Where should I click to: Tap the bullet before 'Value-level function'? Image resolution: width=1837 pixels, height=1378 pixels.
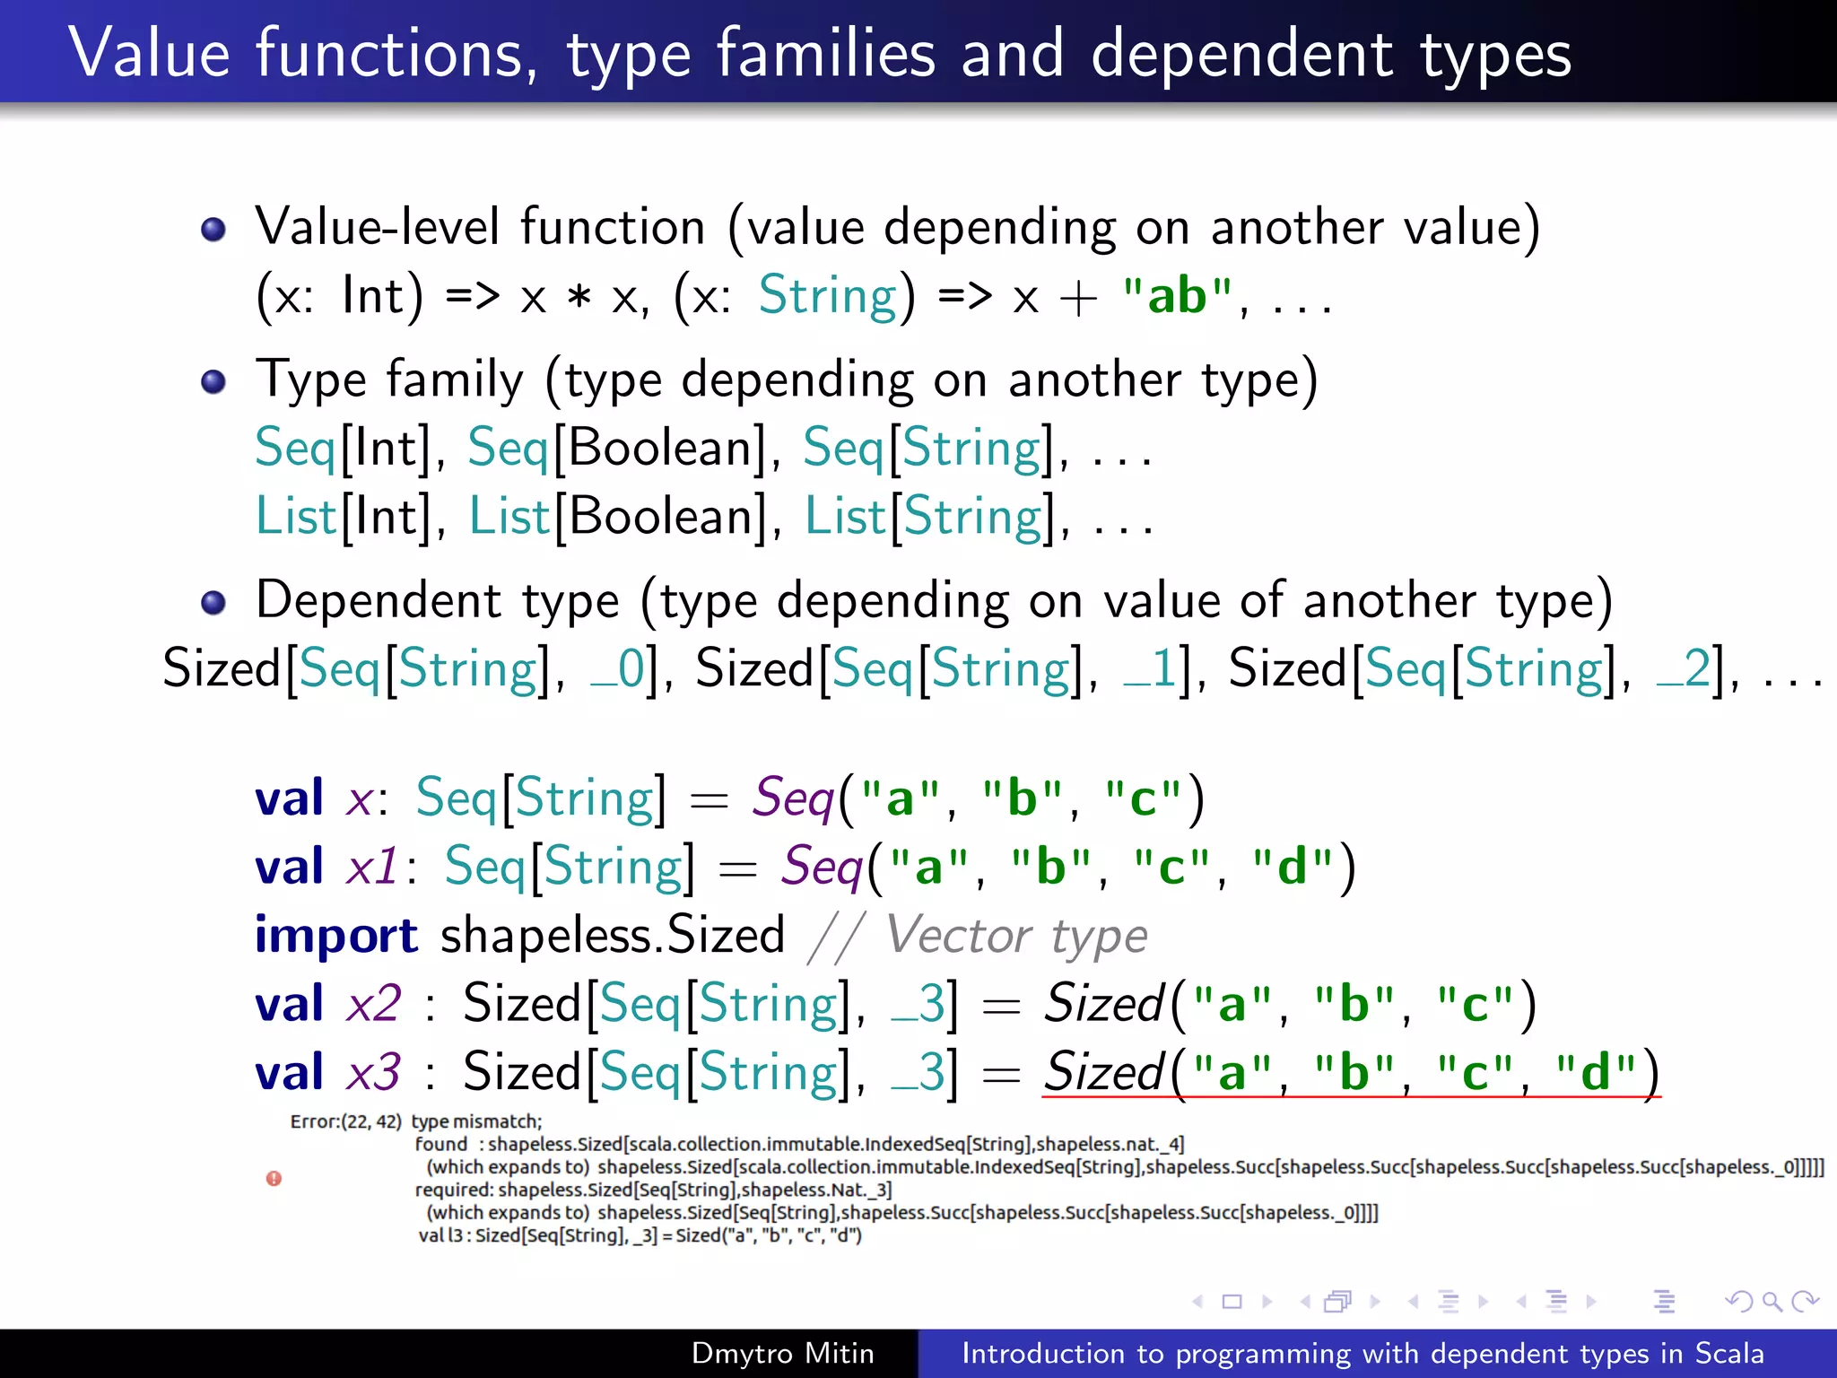(x=213, y=230)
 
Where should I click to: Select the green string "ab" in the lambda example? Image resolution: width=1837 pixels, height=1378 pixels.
(x=1178, y=296)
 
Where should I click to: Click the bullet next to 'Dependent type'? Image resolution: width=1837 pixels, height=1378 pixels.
(x=213, y=602)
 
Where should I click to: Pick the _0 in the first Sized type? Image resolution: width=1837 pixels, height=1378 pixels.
(x=618, y=669)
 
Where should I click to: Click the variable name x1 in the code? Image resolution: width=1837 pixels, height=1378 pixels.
(x=372, y=867)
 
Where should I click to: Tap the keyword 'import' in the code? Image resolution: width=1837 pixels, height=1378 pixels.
(x=335, y=935)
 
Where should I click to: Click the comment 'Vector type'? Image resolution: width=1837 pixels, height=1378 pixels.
(x=1016, y=936)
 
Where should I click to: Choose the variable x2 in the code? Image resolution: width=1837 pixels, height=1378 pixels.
(x=374, y=1003)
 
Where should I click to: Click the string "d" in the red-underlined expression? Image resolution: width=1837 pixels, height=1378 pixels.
(x=1595, y=1072)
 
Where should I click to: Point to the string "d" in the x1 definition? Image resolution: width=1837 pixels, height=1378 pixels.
(x=1292, y=867)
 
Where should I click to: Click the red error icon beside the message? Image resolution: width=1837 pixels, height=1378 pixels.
(x=274, y=1179)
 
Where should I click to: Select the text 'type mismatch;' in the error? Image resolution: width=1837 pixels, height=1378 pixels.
(x=476, y=1121)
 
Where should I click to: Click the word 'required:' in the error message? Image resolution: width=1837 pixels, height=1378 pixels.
(x=454, y=1190)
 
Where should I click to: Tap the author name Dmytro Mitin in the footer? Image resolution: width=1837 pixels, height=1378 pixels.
(x=782, y=1353)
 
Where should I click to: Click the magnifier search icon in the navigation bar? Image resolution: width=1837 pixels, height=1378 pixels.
(x=1772, y=1301)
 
